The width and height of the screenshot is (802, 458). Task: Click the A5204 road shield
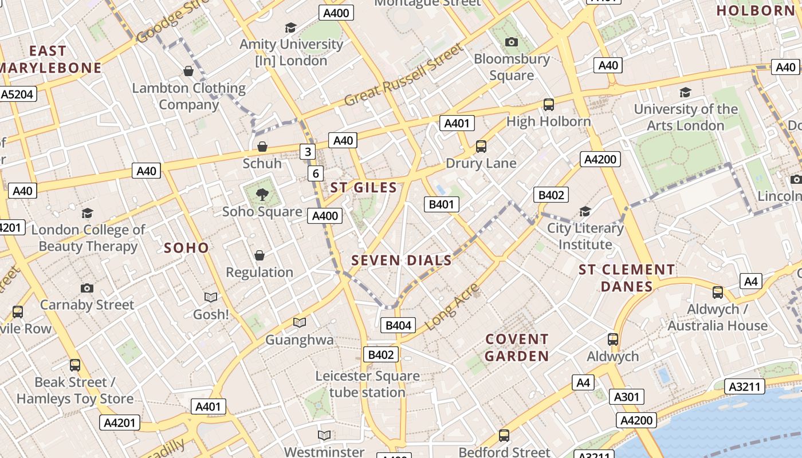18,94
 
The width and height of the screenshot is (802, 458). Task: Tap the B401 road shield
441,204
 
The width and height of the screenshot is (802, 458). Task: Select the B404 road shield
398,325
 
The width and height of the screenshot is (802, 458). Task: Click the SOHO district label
186,248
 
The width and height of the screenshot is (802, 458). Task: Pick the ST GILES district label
363,188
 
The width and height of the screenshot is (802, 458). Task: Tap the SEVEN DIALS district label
402,260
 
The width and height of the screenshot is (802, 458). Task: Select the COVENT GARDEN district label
517,348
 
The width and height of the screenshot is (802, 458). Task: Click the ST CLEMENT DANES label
627,278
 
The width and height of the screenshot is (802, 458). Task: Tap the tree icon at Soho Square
262,195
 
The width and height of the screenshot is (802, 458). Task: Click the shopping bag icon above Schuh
262,147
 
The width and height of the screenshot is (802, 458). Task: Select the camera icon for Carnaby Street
87,288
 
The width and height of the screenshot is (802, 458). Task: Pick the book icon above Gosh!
211,297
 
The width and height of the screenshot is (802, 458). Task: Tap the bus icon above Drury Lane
481,147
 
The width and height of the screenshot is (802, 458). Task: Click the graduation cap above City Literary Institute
584,212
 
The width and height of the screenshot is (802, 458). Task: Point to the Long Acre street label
453,306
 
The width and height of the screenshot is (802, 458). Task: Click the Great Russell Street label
403,75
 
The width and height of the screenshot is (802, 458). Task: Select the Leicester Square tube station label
367,384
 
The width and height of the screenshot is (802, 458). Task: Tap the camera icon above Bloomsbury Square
512,42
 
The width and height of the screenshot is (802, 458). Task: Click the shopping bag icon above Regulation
260,255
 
